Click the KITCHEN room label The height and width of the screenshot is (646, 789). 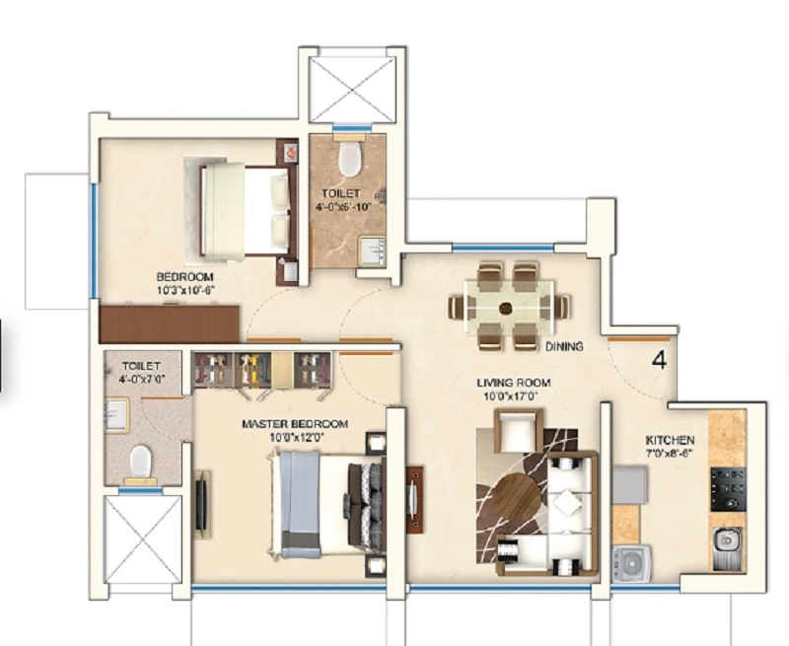(670, 440)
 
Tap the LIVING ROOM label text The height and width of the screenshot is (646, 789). (513, 383)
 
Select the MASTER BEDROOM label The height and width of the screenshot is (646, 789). (294, 424)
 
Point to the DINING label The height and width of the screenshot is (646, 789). (564, 346)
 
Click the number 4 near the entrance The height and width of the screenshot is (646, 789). (659, 360)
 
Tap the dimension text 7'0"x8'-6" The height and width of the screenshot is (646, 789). (670, 453)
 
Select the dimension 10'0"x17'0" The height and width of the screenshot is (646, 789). (510, 396)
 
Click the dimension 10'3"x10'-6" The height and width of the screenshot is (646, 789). (185, 290)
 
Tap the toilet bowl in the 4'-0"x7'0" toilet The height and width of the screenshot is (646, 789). (141, 462)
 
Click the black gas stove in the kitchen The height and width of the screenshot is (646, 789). (728, 489)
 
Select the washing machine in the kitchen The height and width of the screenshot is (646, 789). (631, 563)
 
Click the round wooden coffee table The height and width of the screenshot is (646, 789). (517, 496)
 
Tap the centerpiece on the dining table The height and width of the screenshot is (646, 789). (505, 308)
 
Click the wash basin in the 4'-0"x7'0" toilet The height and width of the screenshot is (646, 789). (116, 414)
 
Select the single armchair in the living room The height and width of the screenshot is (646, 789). (519, 430)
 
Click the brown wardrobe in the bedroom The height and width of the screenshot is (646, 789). (169, 324)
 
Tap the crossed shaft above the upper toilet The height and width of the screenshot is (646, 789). (352, 90)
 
